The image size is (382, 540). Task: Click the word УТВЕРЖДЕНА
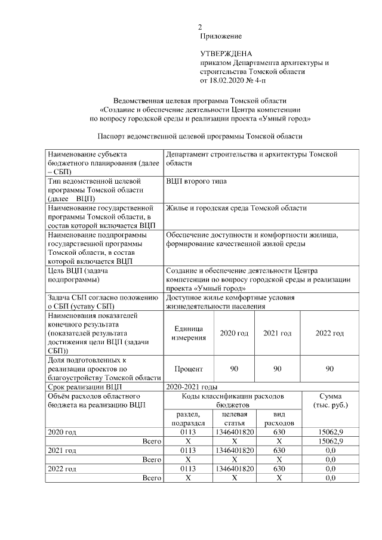pos(226,54)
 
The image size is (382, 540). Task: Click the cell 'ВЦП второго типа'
pos(196,181)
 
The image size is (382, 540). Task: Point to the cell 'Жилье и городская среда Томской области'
pos(236,208)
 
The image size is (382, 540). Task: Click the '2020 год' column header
pos(234,333)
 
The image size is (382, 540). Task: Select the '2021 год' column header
pos(277,333)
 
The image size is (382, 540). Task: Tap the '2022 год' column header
pos(329,333)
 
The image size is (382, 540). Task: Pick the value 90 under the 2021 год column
pos(277,369)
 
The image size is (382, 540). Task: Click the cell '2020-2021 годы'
pos(191,387)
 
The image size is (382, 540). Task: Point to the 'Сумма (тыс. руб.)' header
pos(329,400)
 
